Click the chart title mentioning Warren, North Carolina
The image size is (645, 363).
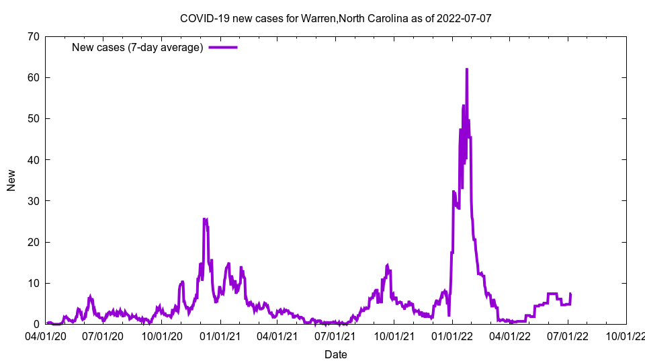(x=335, y=18)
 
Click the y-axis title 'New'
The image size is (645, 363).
(x=11, y=180)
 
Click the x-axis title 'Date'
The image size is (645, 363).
(x=335, y=354)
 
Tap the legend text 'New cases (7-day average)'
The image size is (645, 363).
(x=137, y=48)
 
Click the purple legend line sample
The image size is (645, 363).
(x=223, y=48)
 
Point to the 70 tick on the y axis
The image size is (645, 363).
(x=33, y=36)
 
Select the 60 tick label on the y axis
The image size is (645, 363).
(x=33, y=77)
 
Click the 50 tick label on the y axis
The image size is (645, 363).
(x=33, y=118)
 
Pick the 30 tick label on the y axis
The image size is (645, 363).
(x=33, y=201)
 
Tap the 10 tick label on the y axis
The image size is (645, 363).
(x=33, y=283)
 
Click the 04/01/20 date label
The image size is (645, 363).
(x=46, y=335)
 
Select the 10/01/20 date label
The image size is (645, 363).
(x=162, y=335)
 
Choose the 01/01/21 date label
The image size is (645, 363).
(x=220, y=335)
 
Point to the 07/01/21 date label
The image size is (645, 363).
(x=335, y=335)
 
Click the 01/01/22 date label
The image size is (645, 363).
(x=452, y=335)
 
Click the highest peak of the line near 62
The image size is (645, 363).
(x=466, y=69)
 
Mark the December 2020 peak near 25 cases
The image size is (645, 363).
(x=205, y=219)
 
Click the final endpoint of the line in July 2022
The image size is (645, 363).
(x=570, y=294)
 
